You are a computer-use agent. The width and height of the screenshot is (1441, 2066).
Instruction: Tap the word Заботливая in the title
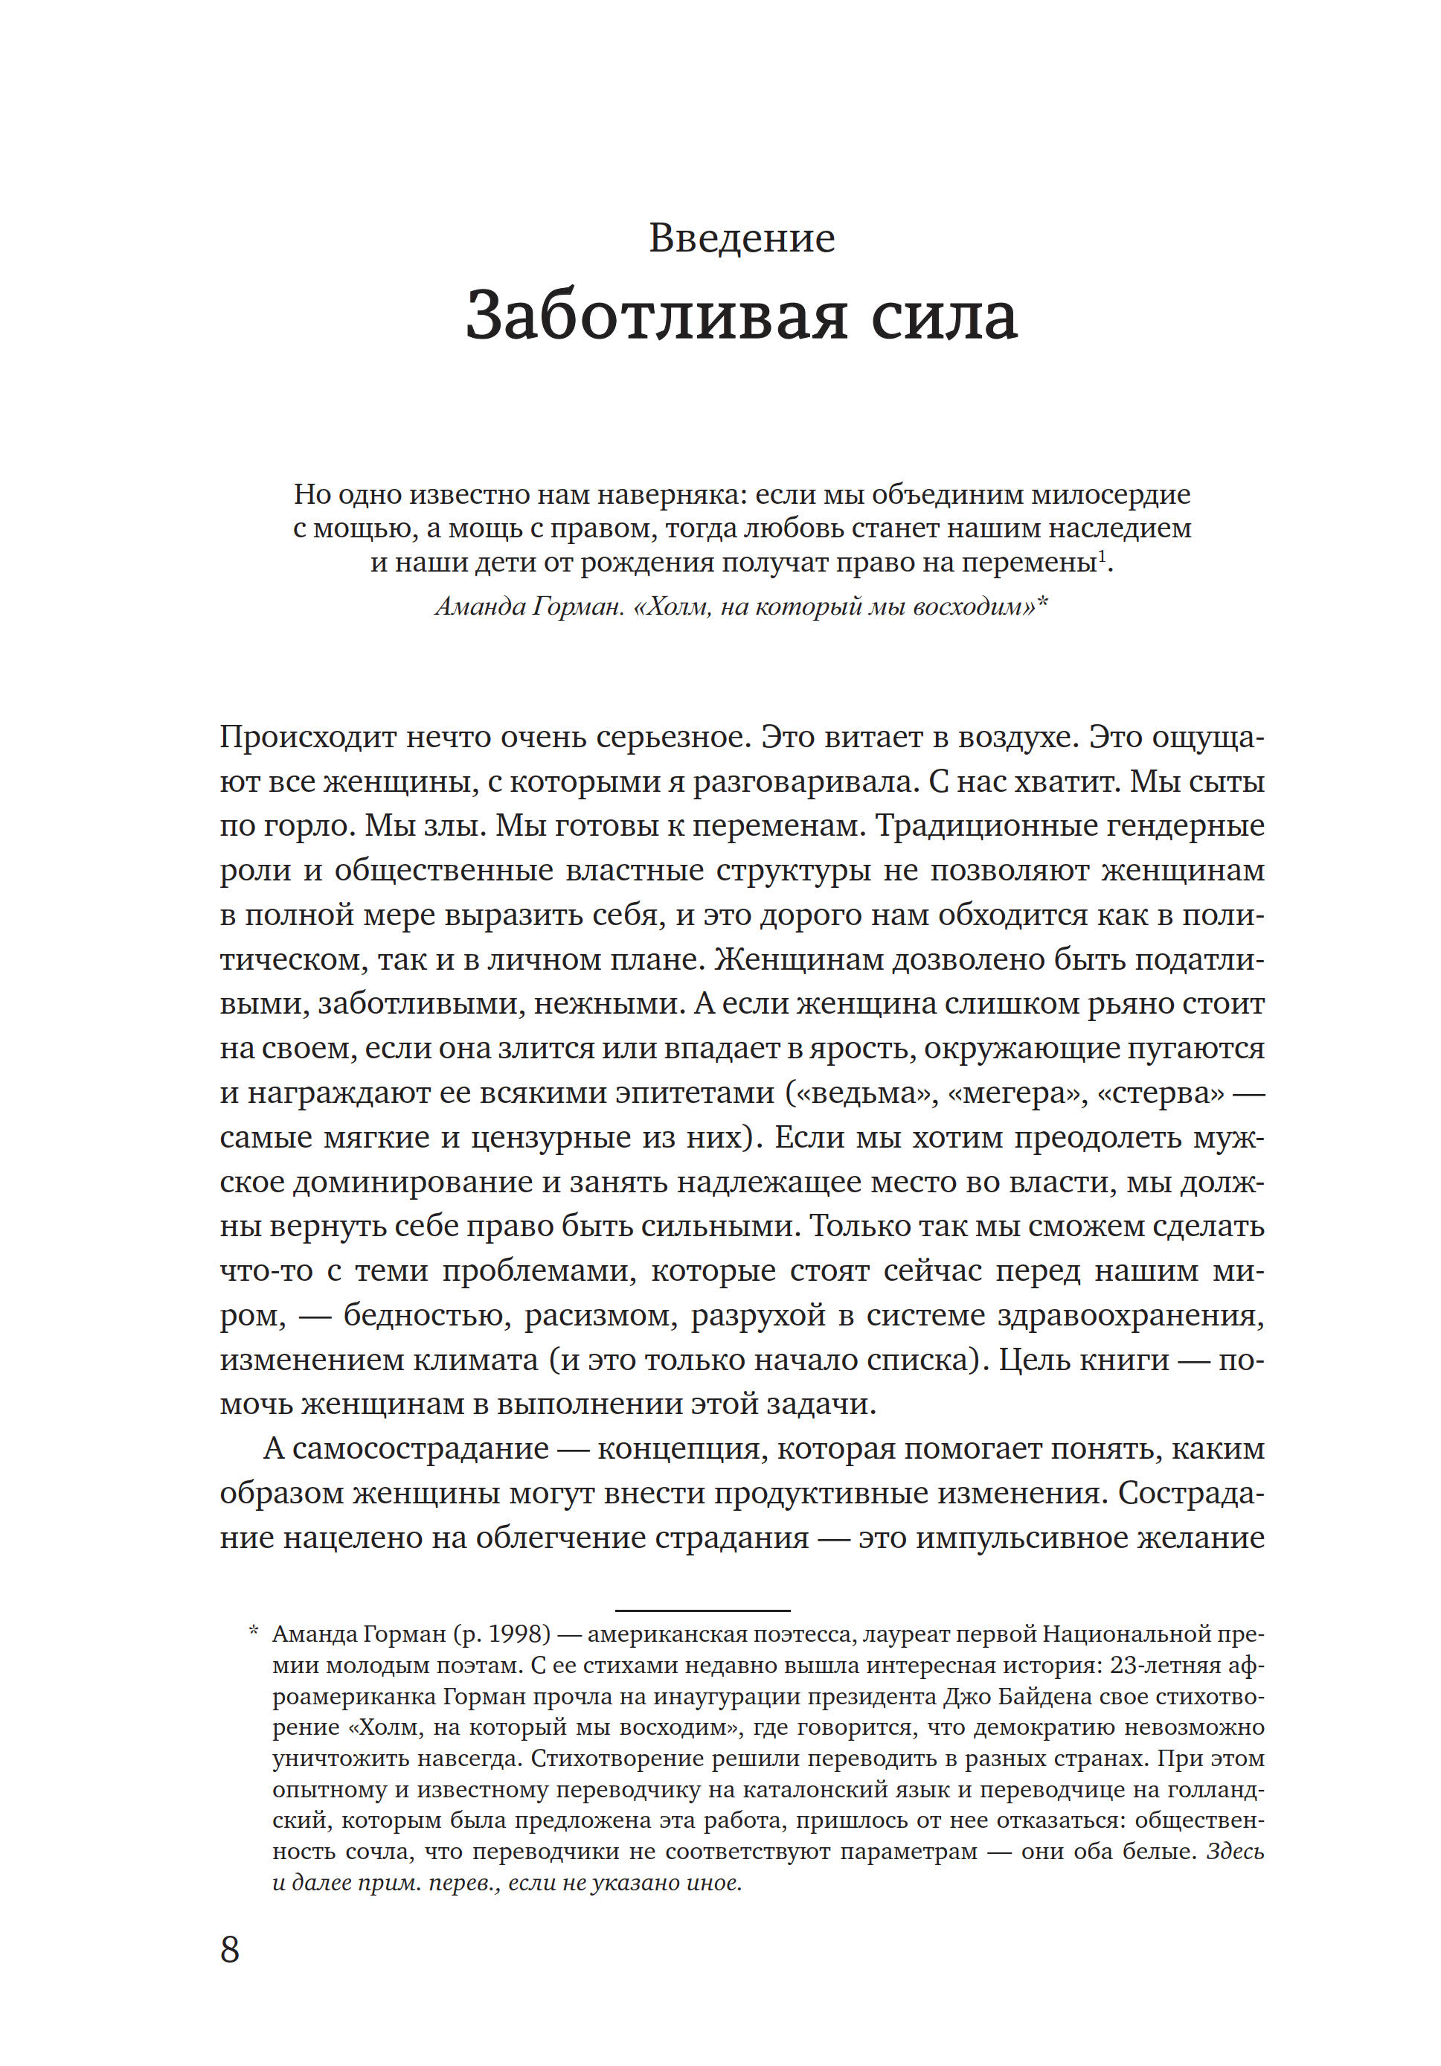pyautogui.click(x=655, y=317)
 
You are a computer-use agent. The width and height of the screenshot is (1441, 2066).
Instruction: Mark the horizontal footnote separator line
pyautogui.click(x=702, y=1610)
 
